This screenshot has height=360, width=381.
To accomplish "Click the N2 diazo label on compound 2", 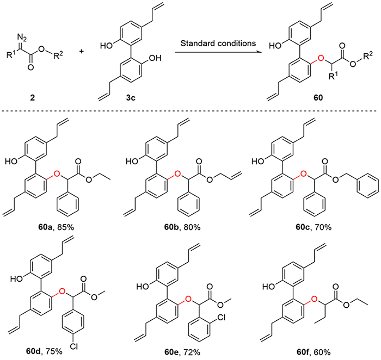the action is [22, 39].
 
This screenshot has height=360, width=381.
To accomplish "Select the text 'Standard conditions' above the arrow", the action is [218, 44].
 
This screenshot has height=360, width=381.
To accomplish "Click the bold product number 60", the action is [318, 97].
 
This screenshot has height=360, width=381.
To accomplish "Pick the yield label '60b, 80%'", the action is [182, 227].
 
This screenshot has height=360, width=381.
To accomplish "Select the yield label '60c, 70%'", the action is [314, 227].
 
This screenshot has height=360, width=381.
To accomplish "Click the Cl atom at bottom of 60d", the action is [73, 346].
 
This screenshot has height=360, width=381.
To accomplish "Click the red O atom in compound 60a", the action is [57, 173].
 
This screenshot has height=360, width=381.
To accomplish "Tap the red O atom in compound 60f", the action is [314, 299].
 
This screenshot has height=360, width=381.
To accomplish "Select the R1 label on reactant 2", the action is [11, 55].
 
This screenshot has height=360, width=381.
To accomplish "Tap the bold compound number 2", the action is [33, 97].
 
